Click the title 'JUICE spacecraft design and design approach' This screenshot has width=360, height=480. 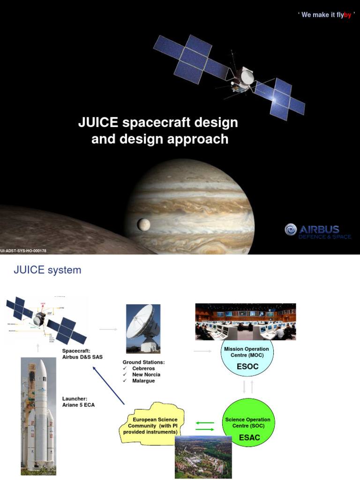click(158, 131)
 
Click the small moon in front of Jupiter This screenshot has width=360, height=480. click(141, 225)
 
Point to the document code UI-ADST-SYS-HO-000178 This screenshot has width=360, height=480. click(23, 251)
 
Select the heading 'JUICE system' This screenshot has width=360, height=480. click(47, 270)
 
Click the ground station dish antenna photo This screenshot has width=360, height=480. click(143, 329)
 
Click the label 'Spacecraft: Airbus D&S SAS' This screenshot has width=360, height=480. click(82, 354)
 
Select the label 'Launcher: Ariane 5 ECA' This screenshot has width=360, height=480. click(78, 402)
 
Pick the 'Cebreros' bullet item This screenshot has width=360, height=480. click(143, 368)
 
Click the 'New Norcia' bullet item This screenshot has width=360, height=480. click(146, 375)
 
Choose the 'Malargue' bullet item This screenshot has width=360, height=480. click(143, 381)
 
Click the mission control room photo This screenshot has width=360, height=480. click(246, 321)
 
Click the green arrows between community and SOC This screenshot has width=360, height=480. click(204, 426)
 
